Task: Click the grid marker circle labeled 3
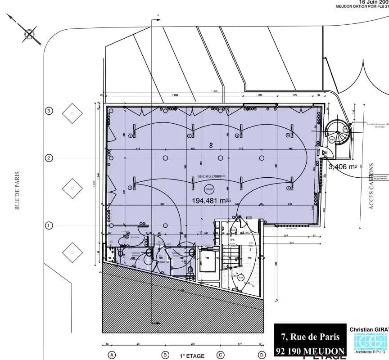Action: (49, 111)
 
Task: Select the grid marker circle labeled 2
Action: (49, 158)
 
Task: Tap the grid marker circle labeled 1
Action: (49, 225)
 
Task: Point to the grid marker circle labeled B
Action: (165, 355)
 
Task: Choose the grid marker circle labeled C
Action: (221, 355)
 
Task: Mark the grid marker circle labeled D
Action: (261, 355)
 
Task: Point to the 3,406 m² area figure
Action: (343, 167)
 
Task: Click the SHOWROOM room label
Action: (208, 177)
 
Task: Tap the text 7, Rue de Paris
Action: (310, 337)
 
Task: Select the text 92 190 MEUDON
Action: (310, 351)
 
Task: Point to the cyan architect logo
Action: (368, 344)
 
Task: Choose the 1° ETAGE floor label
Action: (189, 355)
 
